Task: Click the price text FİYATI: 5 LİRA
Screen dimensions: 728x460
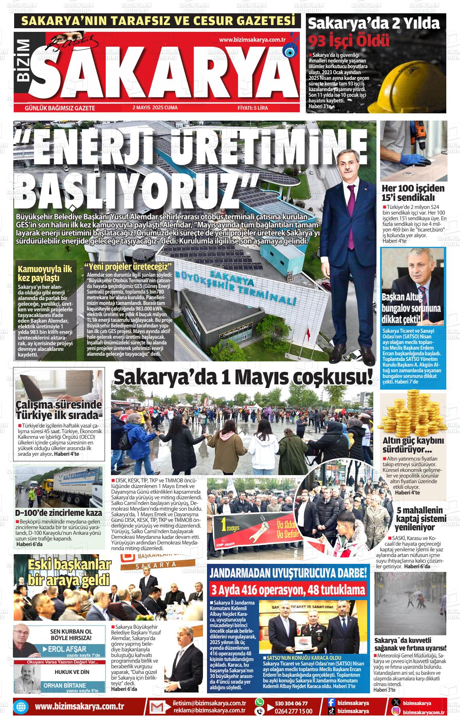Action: (253, 108)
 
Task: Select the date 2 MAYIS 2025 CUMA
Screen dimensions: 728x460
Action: (155, 108)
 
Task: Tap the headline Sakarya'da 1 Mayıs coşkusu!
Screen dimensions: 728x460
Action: (243, 378)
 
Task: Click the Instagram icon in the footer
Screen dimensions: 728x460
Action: (397, 711)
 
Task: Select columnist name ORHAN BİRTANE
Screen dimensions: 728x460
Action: (65, 685)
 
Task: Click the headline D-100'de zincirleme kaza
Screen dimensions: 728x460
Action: (58, 513)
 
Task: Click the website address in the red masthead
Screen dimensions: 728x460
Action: (252, 40)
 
